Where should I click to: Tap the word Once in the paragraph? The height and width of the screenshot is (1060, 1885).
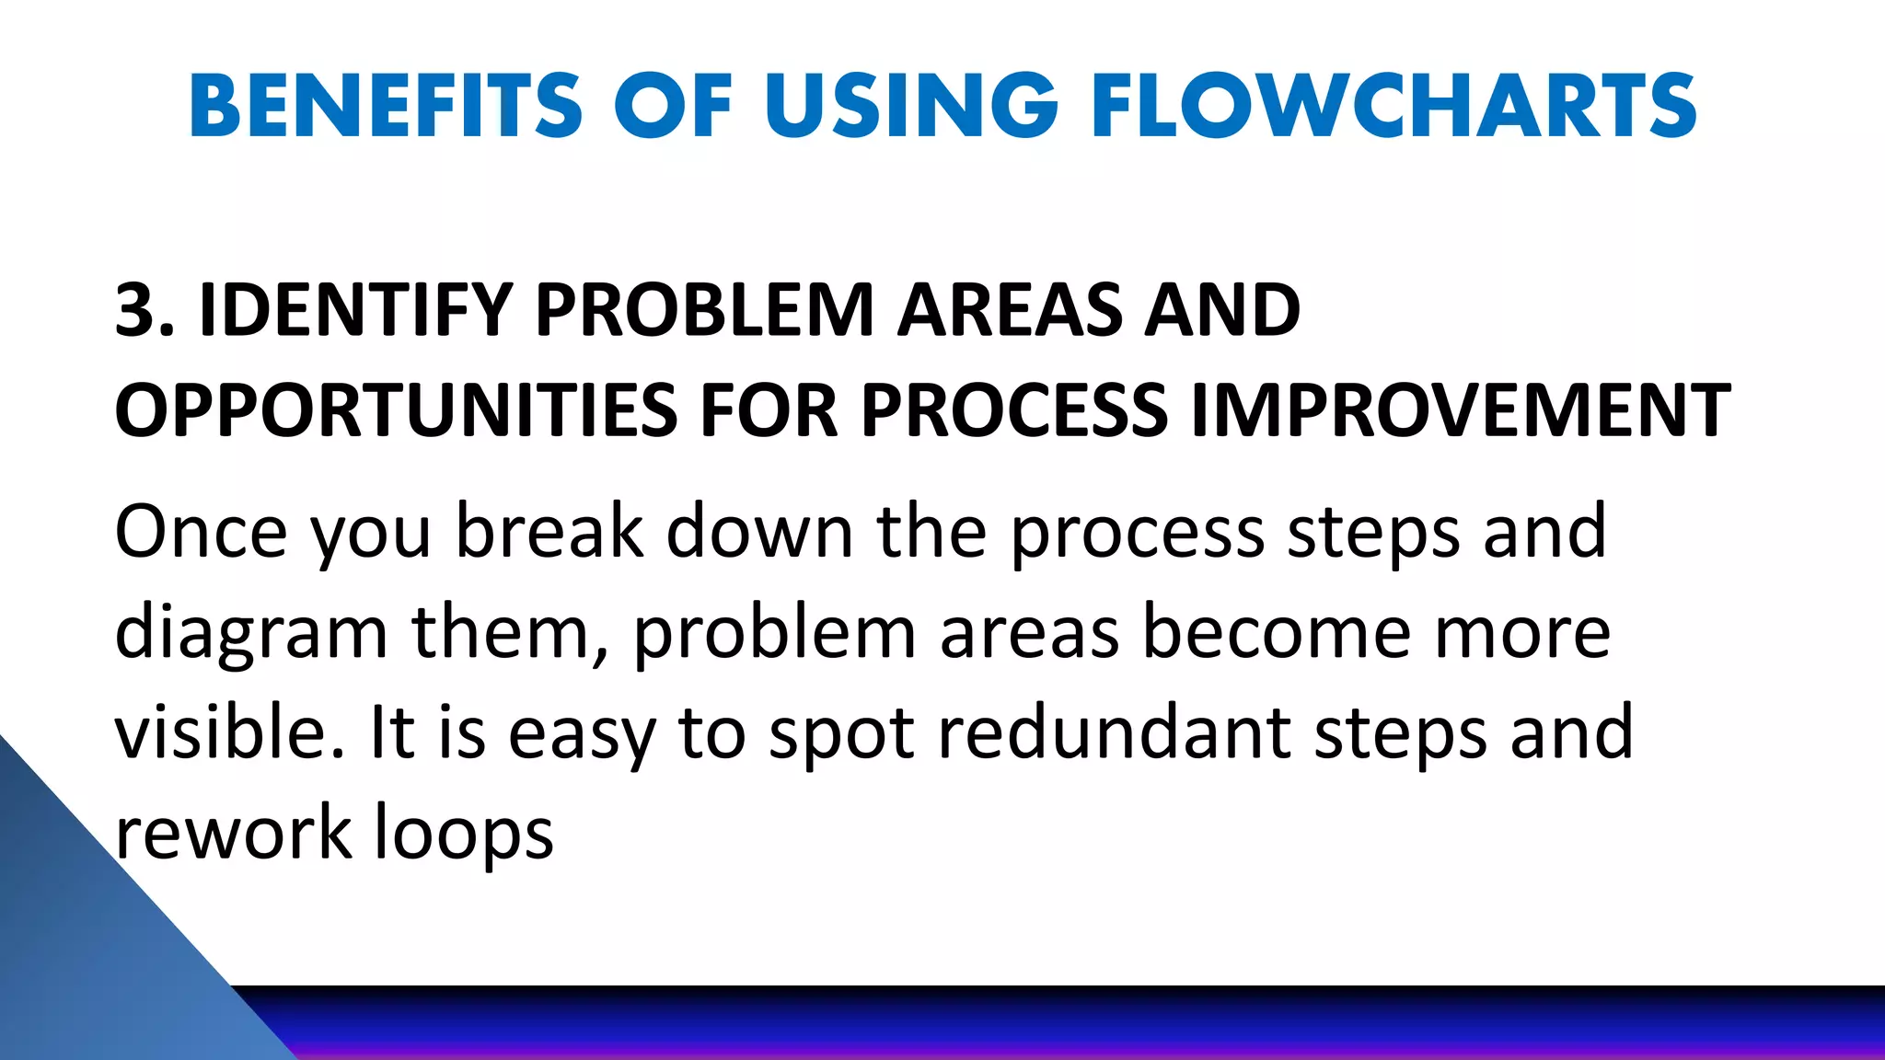201,531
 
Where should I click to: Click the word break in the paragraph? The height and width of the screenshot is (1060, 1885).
549,531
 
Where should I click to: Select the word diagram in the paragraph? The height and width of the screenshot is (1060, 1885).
250,635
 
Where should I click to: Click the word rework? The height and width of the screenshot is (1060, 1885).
233,833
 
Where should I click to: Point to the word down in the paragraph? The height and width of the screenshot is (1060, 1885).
759,531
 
